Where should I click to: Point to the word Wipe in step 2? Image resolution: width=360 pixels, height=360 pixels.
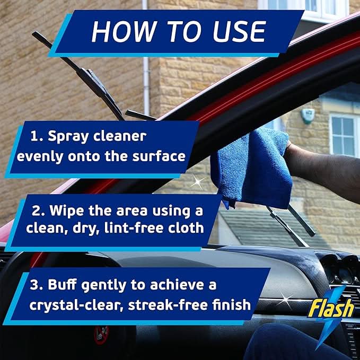[x=65, y=211]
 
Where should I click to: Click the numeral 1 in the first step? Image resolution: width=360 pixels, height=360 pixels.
[x=34, y=136]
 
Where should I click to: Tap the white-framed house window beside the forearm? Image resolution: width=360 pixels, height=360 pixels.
[x=344, y=135]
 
